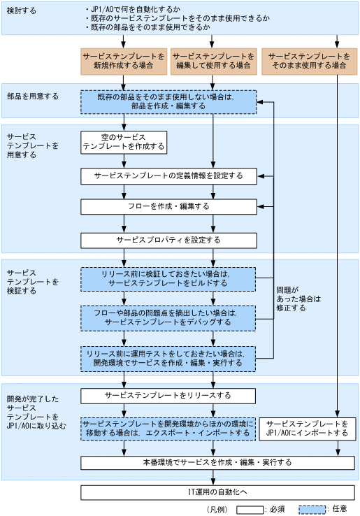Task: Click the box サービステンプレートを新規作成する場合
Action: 124,60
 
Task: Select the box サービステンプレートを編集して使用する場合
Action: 213,60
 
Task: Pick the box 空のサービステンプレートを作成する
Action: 124,142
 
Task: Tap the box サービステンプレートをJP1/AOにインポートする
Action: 307,429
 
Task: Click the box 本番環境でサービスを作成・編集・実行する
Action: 213,463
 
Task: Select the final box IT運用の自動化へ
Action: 213,492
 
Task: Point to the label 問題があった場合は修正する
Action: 297,299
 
